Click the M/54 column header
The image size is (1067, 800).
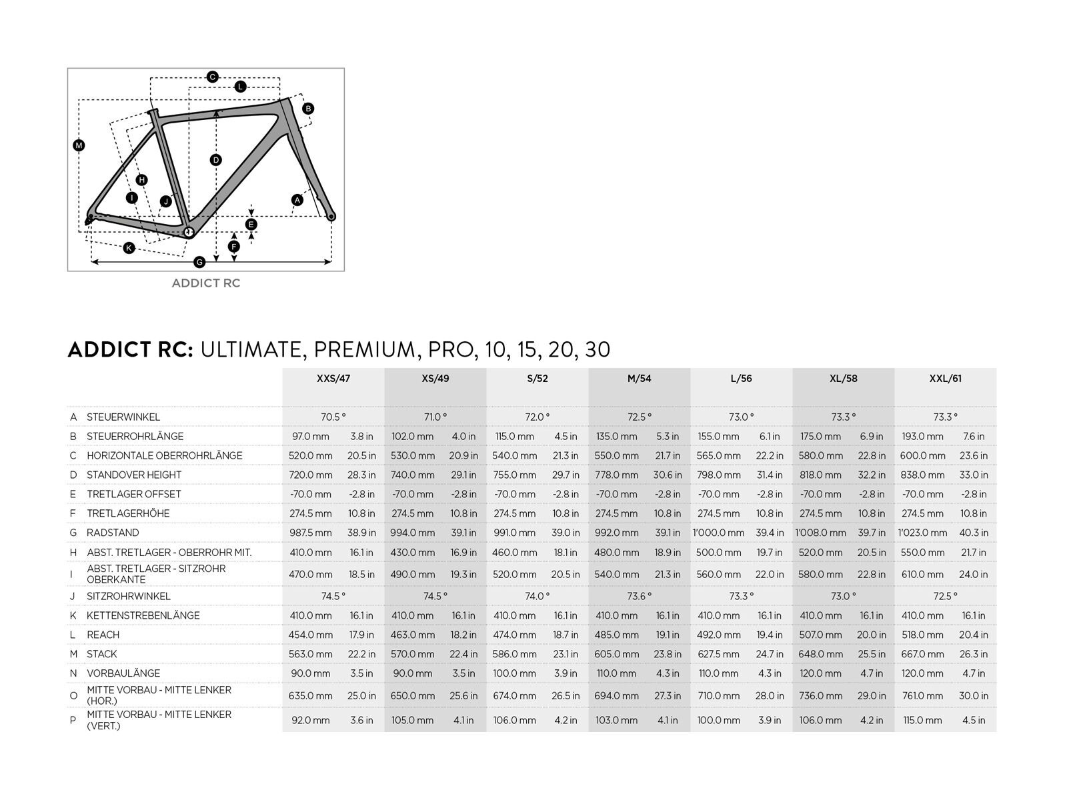coord(639,379)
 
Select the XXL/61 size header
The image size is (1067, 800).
coord(945,379)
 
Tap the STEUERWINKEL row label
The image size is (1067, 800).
coord(123,417)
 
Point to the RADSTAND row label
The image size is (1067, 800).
coord(113,533)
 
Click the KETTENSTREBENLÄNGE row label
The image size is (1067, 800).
coord(143,615)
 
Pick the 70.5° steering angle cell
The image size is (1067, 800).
coord(333,417)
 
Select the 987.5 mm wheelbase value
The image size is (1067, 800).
coord(310,533)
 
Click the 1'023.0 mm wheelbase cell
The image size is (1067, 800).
coord(922,533)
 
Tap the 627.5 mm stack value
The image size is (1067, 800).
coord(718,654)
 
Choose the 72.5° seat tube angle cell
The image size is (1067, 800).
coord(945,596)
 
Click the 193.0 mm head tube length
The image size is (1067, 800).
coord(923,436)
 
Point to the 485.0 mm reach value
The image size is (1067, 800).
coord(617,635)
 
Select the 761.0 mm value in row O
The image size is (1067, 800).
coord(923,695)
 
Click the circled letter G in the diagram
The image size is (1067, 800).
coord(199,262)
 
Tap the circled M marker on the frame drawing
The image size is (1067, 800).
coord(79,145)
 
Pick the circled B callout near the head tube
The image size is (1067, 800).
coord(307,108)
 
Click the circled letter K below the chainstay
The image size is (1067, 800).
coord(129,248)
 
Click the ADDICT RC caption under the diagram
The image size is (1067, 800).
coord(206,283)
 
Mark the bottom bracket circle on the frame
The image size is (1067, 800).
coord(189,231)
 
